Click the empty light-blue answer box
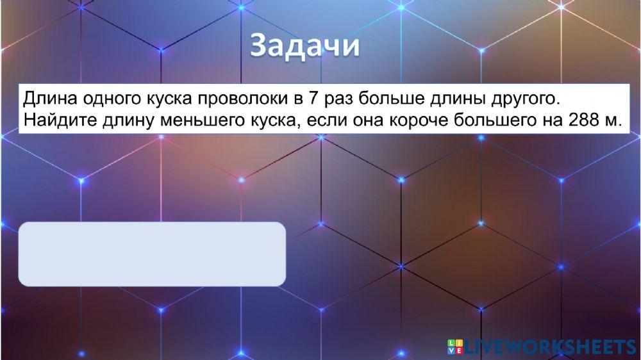[x=152, y=254]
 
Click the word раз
[x=339, y=100]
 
